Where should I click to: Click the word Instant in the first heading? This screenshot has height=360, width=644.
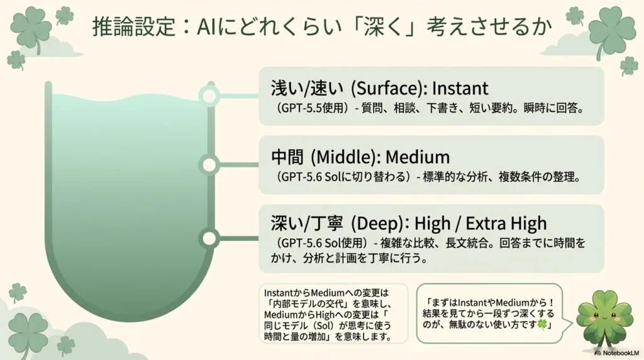(x=460, y=88)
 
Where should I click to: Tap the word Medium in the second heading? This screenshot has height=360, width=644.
(x=418, y=157)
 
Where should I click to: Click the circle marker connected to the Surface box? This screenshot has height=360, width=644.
(x=209, y=96)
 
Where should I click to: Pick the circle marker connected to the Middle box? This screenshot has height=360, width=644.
(x=209, y=165)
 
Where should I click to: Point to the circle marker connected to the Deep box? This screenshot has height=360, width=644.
(x=209, y=239)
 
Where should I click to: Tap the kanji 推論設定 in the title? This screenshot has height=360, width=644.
(x=134, y=27)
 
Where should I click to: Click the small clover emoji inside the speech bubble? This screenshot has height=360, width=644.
(x=543, y=324)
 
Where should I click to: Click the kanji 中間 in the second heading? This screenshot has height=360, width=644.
(x=287, y=157)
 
